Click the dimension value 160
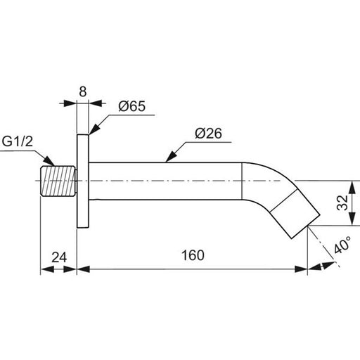click(x=193, y=255)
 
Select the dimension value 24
click(x=59, y=257)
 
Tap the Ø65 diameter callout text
click(x=132, y=106)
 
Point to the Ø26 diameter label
click(x=208, y=134)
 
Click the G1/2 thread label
click(x=18, y=141)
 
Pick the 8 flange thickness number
click(x=83, y=91)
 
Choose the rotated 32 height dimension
click(x=342, y=202)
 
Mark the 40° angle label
click(x=342, y=245)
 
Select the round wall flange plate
click(x=83, y=181)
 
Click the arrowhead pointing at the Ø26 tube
click(x=171, y=156)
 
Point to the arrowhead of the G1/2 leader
click(x=49, y=161)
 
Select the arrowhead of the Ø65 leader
click(x=94, y=129)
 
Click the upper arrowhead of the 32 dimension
click(x=352, y=187)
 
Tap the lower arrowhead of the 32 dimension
click(x=352, y=219)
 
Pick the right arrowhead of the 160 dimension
click(x=301, y=269)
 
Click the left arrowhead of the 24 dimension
click(x=47, y=269)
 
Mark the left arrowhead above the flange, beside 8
click(x=70, y=103)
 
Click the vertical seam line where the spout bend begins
click(x=242, y=181)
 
